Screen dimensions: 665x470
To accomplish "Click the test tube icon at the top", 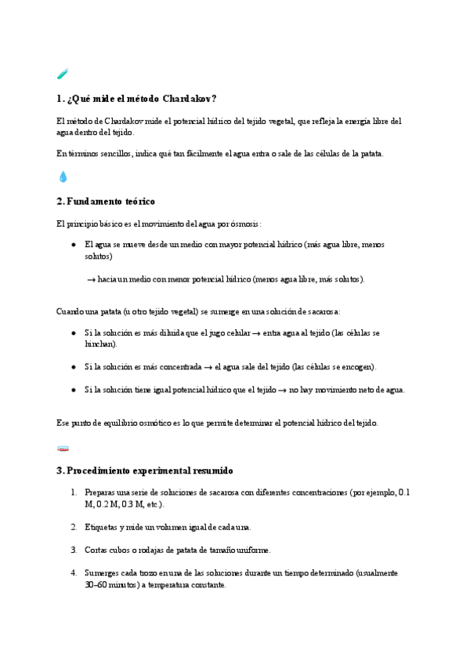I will click(63, 74).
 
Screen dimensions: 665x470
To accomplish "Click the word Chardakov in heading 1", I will click(189, 99).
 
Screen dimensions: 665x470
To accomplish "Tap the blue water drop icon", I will click(63, 177).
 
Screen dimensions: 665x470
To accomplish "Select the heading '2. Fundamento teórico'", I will click(106, 202).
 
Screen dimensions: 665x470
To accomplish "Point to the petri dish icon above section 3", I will click(63, 448).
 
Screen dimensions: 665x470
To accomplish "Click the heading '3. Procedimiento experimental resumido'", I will click(144, 471).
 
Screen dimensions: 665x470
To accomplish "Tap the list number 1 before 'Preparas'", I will click(73, 492).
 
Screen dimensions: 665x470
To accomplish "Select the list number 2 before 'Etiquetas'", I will click(73, 527).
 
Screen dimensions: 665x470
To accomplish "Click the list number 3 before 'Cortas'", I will click(73, 550).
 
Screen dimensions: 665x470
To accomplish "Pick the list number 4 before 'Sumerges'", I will click(73, 573).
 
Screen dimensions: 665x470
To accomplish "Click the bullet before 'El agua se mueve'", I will click(73, 245).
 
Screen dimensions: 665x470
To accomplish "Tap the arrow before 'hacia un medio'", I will click(91, 279).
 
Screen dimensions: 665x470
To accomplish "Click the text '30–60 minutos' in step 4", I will click(110, 584).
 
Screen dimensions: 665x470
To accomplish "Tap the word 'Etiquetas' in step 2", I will click(102, 527).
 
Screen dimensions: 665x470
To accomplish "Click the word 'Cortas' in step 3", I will click(96, 550).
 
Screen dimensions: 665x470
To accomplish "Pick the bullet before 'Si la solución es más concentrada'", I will click(73, 366).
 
